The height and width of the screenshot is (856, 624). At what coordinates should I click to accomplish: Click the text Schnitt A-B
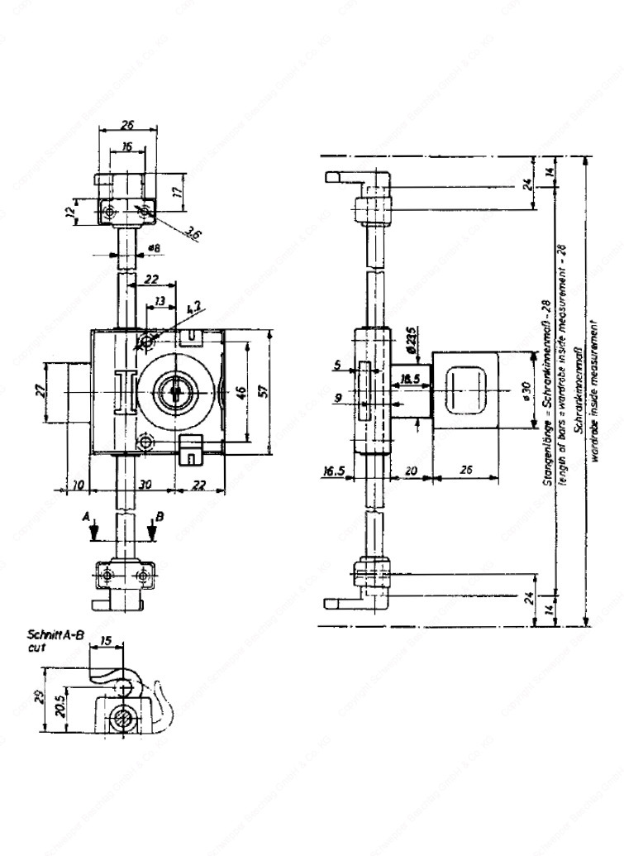coord(55,636)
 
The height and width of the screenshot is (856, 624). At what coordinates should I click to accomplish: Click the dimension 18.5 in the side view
coord(408,379)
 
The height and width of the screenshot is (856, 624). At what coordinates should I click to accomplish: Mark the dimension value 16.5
coord(334,471)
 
